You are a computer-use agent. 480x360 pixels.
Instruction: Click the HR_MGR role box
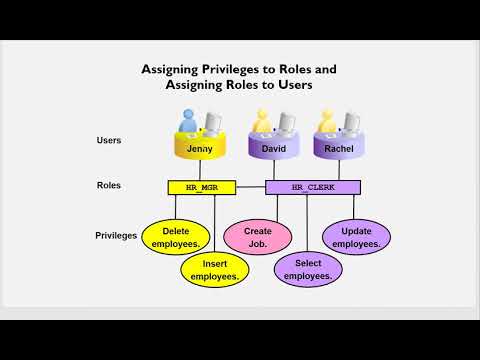pyautogui.click(x=200, y=187)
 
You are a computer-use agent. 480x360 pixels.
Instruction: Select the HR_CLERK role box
pyautogui.click(x=312, y=187)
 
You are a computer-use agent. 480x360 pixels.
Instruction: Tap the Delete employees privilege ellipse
pyautogui.click(x=176, y=236)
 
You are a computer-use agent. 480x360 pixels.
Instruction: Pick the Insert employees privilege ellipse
pyautogui.click(x=213, y=269)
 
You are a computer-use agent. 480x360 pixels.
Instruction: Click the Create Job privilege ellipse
pyautogui.click(x=258, y=236)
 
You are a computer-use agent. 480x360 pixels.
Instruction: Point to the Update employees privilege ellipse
pyautogui.click(x=356, y=236)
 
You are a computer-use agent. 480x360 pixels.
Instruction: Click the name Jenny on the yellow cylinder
pyautogui.click(x=200, y=149)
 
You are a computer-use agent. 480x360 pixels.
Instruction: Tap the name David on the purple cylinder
pyautogui.click(x=273, y=149)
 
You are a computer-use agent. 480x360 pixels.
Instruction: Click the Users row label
pyautogui.click(x=110, y=141)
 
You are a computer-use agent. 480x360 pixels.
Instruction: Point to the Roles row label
pyautogui.click(x=109, y=185)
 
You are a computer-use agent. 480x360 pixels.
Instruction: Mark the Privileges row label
pyautogui.click(x=117, y=236)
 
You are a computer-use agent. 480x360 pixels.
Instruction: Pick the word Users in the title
pyautogui.click(x=292, y=86)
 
